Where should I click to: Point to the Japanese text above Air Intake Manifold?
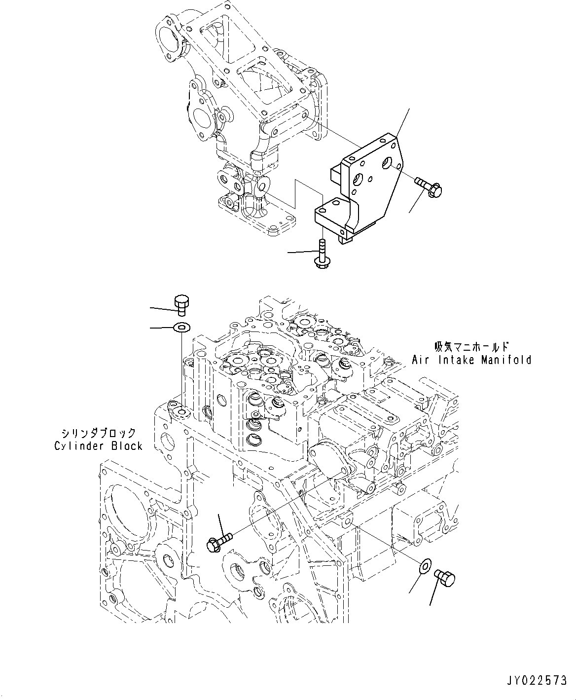[470, 347]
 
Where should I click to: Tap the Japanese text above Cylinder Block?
[98, 433]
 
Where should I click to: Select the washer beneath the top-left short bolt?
[182, 327]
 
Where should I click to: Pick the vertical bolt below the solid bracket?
[321, 254]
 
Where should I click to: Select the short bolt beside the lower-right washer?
[444, 578]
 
